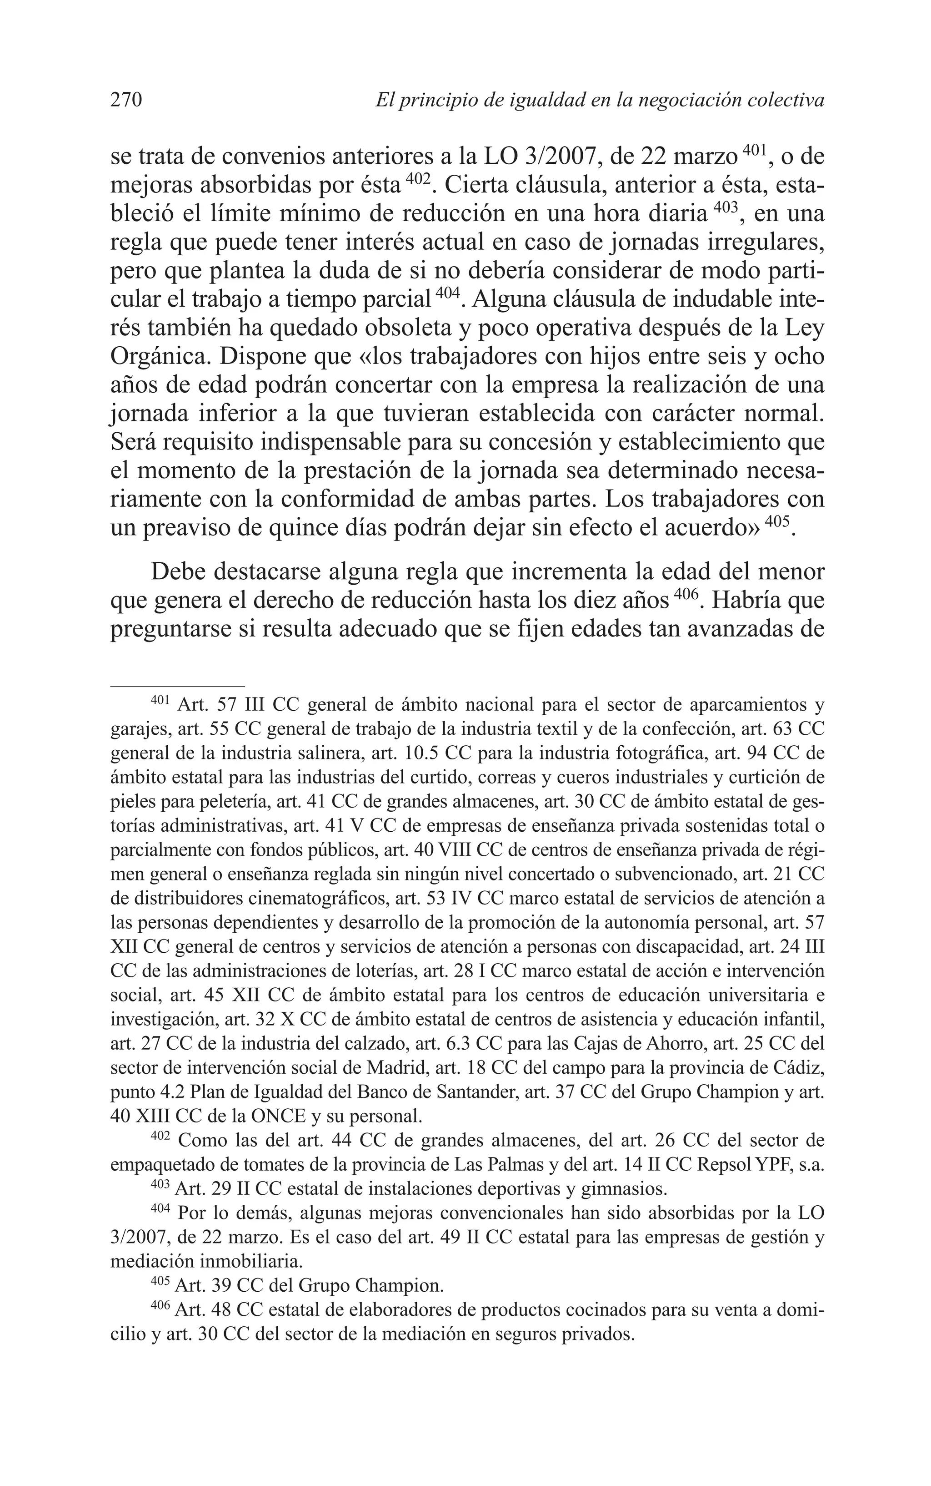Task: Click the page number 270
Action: tap(126, 100)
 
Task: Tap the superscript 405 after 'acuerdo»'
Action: tap(776, 521)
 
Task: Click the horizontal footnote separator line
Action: tap(177, 685)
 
